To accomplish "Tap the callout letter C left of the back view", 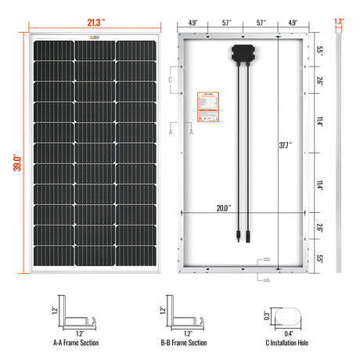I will coord(171,80).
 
